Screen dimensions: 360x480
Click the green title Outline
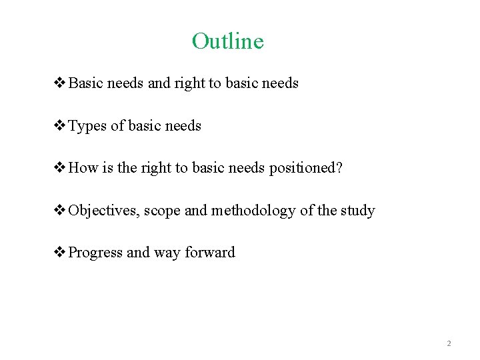[x=228, y=41]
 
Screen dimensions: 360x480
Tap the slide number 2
[x=449, y=343]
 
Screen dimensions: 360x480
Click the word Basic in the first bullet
[x=85, y=83]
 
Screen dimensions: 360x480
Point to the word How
[x=83, y=168]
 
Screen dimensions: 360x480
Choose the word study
[x=358, y=211]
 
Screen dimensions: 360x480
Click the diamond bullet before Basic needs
[x=59, y=83]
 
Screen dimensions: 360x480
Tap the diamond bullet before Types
[x=59, y=126]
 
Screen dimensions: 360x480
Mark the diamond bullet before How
[x=59, y=168]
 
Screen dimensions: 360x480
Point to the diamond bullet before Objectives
[x=59, y=211]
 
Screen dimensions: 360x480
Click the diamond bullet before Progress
[x=59, y=253]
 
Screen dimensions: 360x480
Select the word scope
[x=162, y=211]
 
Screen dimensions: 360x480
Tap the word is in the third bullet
[x=109, y=168]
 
